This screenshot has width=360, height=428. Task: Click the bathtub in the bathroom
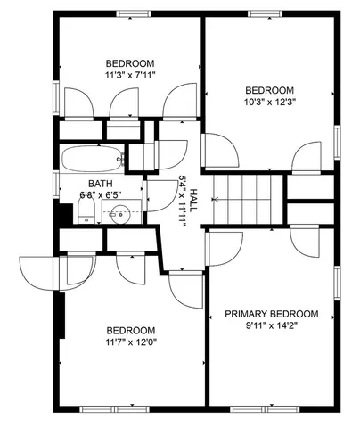(x=92, y=159)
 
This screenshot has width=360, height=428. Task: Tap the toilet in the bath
(x=86, y=211)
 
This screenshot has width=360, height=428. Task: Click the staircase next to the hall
(x=245, y=198)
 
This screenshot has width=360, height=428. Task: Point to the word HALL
(x=193, y=201)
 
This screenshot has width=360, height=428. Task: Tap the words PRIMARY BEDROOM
(x=271, y=314)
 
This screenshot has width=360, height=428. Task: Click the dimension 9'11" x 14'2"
(x=271, y=325)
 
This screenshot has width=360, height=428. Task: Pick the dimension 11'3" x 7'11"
(x=130, y=76)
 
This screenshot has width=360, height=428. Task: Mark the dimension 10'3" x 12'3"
(x=269, y=103)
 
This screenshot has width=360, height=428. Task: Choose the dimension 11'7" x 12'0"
(x=130, y=342)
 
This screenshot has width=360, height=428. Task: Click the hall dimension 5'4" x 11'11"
(x=183, y=201)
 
